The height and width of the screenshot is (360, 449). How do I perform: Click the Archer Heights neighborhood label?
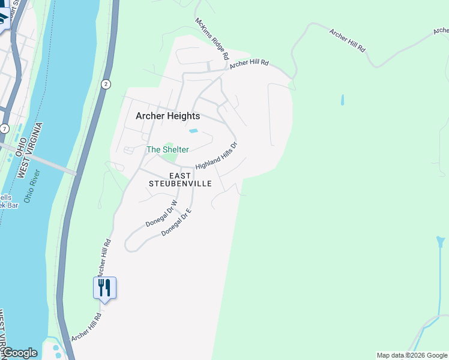pos(167,116)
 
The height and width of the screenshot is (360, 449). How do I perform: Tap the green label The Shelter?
pos(167,149)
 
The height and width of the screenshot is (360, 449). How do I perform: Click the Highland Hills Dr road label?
pos(217,155)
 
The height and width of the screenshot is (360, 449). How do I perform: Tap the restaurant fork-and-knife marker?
pos(104,289)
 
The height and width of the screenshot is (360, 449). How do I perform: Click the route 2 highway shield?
pos(106,84)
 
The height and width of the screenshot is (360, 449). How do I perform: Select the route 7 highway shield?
pos(5,129)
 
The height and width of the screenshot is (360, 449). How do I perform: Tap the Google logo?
pos(20,353)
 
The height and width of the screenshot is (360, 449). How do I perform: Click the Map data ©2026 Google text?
pos(412,355)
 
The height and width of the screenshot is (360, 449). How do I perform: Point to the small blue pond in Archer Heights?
pos(193,131)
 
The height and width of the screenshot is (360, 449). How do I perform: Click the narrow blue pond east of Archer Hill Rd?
pos(342,100)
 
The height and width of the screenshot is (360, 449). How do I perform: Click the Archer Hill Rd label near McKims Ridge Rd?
pos(249,62)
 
